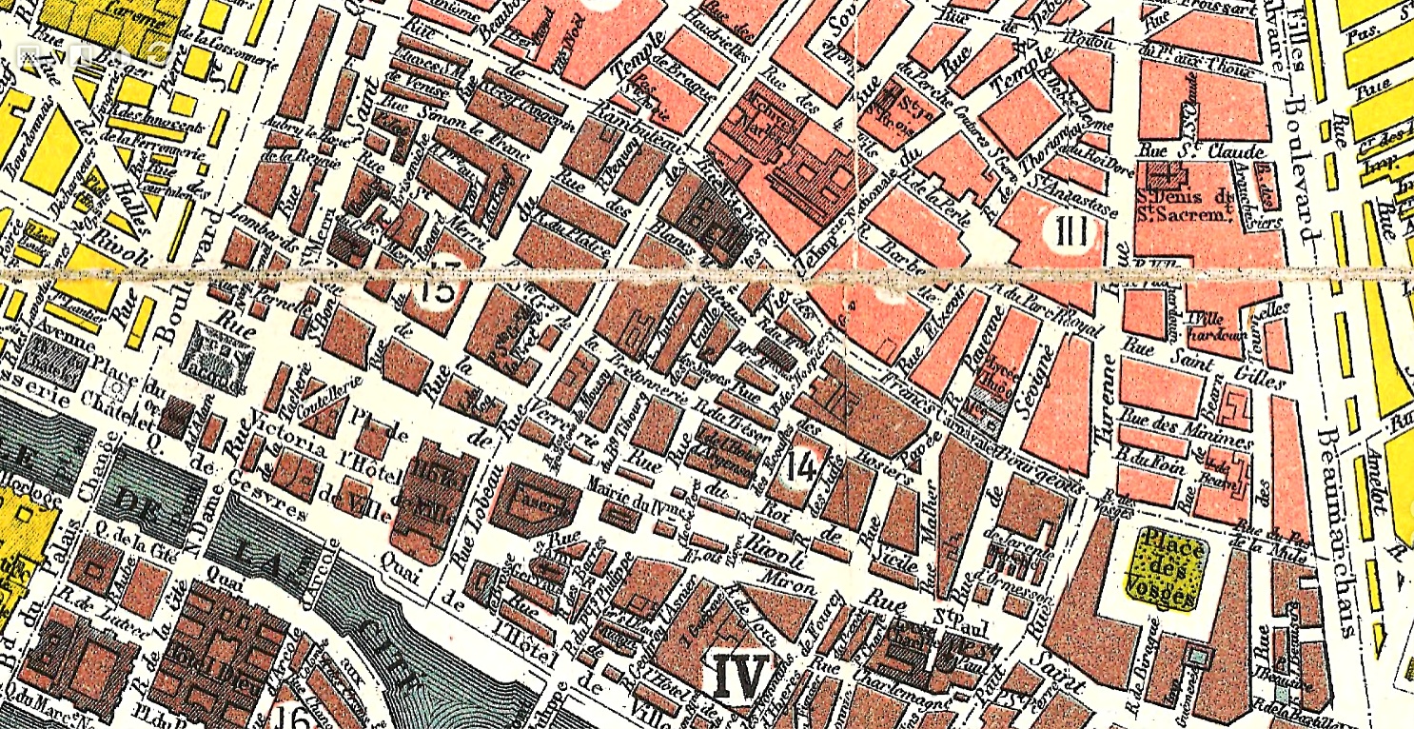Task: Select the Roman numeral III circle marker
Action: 1075,231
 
